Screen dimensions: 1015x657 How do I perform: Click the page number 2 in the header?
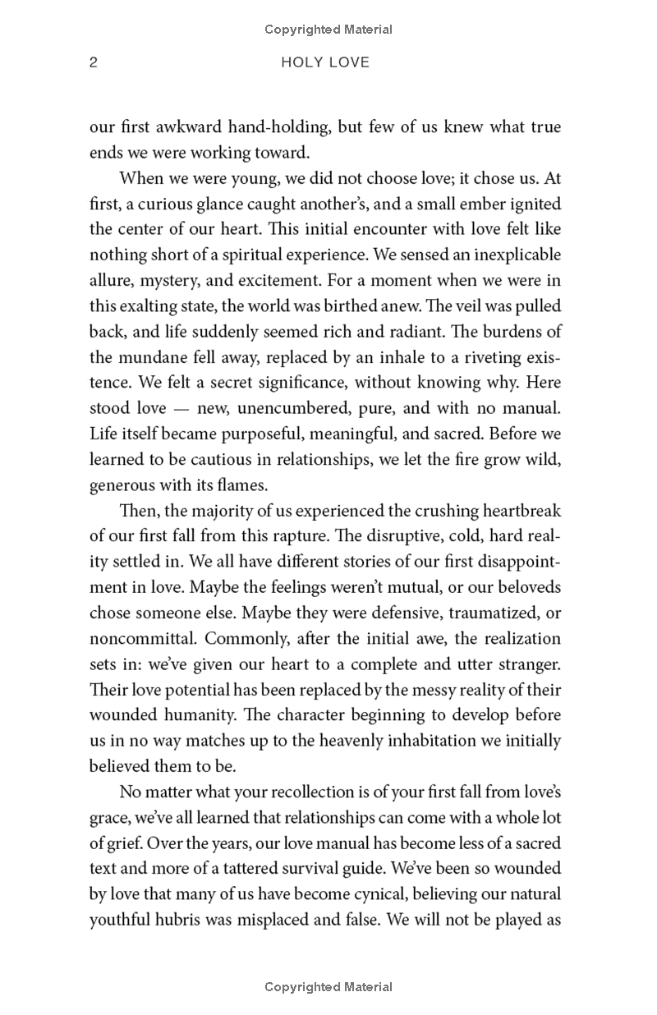tap(94, 62)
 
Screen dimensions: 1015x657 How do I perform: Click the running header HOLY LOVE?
tap(326, 62)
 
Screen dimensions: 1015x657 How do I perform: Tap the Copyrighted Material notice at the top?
tap(328, 30)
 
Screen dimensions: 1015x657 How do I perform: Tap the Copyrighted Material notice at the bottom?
tap(328, 987)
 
